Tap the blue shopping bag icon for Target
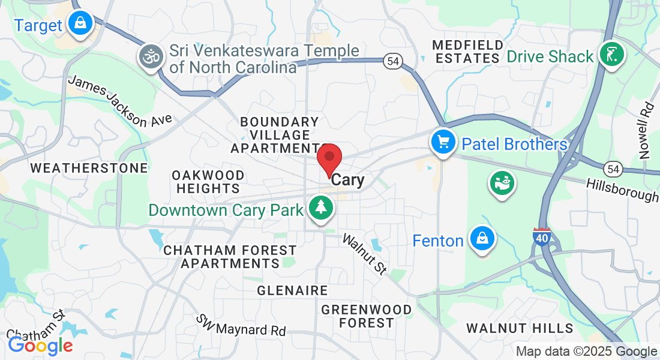(79, 23)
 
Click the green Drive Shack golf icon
(611, 55)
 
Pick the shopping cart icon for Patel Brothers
(443, 143)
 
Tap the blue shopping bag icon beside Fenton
(482, 239)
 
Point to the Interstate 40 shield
(542, 237)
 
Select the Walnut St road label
(364, 254)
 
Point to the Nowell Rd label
(646, 130)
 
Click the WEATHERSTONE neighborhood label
(89, 168)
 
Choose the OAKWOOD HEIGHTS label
(208, 182)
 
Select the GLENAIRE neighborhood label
(292, 290)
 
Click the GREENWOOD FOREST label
(367, 316)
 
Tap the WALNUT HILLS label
(520, 328)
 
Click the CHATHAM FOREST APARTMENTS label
(230, 257)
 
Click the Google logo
(40, 346)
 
